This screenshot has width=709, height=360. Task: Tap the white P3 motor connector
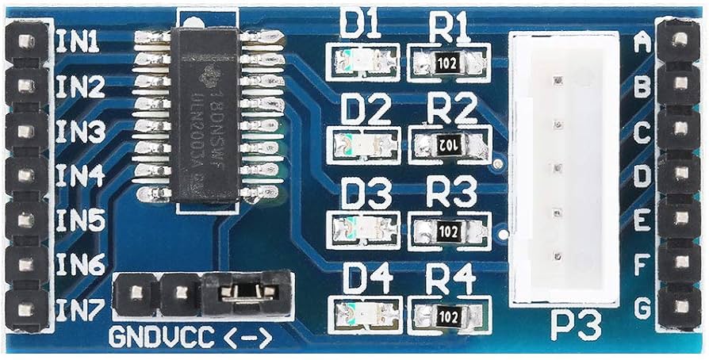point(563,168)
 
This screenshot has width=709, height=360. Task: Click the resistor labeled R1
point(448,66)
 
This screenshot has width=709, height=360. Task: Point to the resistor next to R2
point(448,144)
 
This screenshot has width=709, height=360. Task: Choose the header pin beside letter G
point(678,304)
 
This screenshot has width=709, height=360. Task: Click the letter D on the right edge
point(642,173)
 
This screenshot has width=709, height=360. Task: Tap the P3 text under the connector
point(572,324)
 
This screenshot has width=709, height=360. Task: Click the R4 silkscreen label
point(450,279)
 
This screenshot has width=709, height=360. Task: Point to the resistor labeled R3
point(448,229)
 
